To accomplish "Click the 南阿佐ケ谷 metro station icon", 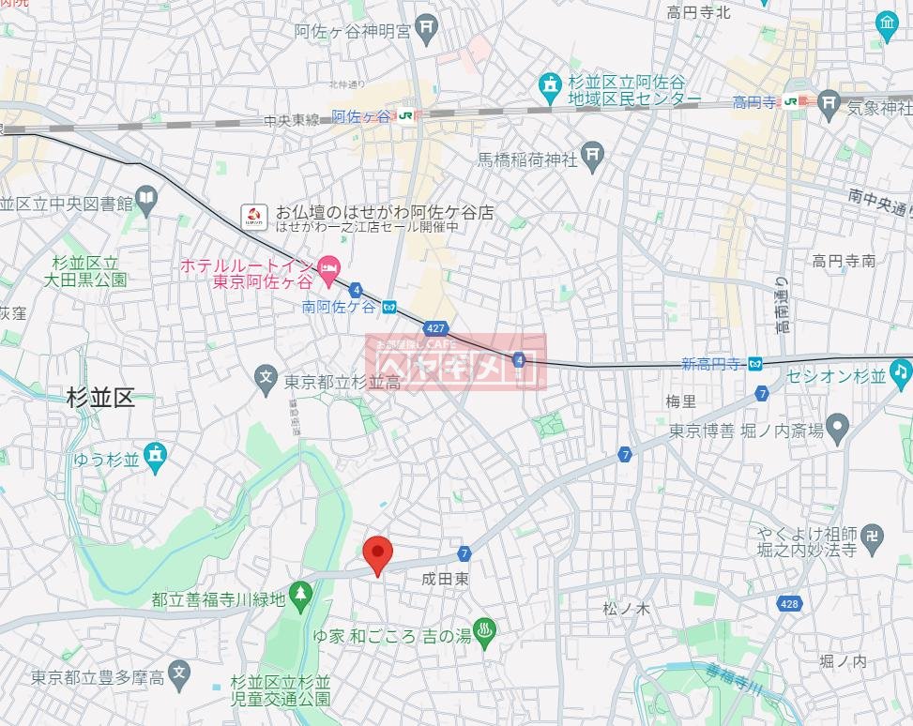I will pyautogui.click(x=389, y=307).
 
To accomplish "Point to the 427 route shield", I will pyautogui.click(x=434, y=328).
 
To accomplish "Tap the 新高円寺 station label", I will pyautogui.click(x=712, y=364).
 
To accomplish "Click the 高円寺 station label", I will pyautogui.click(x=755, y=102).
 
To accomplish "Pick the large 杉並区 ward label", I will pyautogui.click(x=100, y=398).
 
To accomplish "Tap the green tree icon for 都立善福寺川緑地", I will pyautogui.click(x=300, y=593).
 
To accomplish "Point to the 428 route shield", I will pyautogui.click(x=789, y=603).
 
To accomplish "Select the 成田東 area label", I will pyautogui.click(x=446, y=581).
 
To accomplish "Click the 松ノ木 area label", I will pyautogui.click(x=626, y=609).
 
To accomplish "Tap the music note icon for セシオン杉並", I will pyautogui.click(x=901, y=372).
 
